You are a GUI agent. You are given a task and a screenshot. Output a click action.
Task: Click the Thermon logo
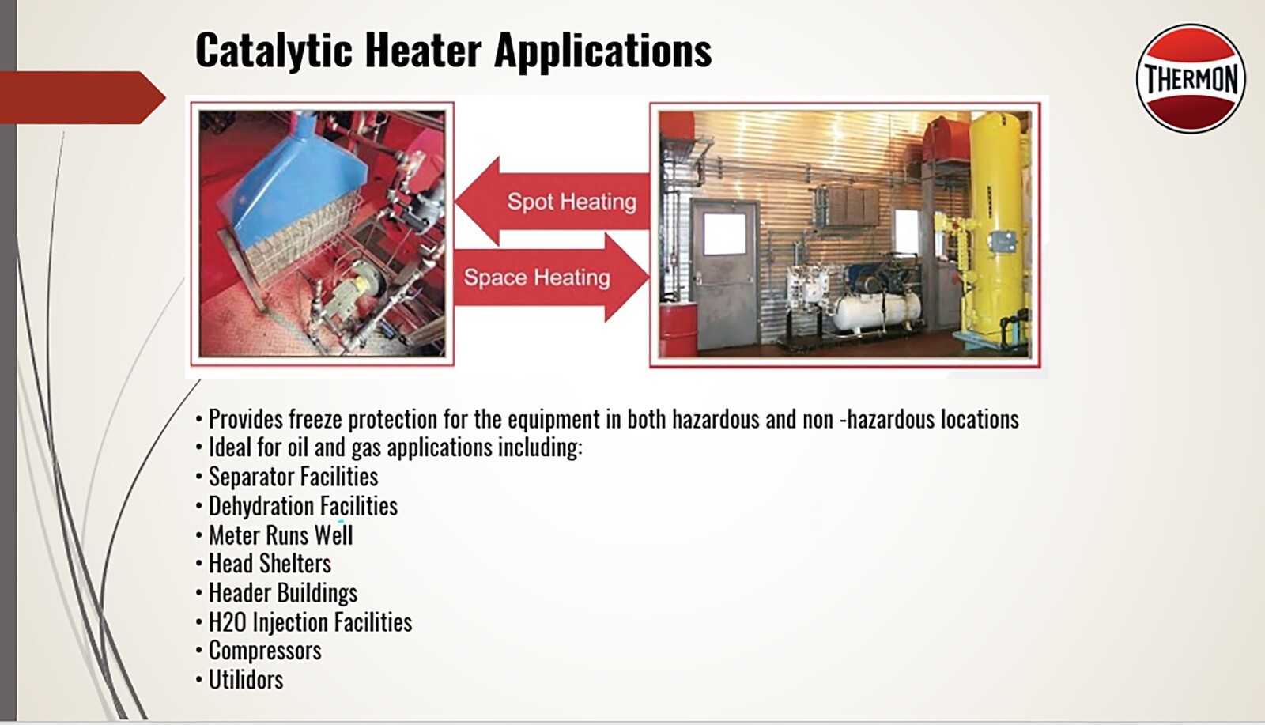click(1191, 78)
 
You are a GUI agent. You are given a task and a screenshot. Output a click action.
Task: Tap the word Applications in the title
click(603, 50)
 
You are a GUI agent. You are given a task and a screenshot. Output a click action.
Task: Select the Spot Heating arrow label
click(571, 202)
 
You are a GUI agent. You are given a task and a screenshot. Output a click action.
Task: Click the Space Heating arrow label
click(537, 278)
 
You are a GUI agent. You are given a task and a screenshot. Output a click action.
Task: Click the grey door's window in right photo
click(723, 234)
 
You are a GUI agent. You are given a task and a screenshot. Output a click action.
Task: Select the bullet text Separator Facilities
click(293, 477)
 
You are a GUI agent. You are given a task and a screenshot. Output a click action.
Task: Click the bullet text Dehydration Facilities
click(303, 506)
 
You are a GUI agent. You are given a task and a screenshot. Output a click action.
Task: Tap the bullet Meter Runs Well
click(280, 535)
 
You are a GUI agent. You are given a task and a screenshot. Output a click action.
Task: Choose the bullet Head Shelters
click(269, 564)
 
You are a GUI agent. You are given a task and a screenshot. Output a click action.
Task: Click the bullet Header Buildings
click(282, 593)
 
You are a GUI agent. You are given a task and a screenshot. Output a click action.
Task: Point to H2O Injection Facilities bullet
click(310, 622)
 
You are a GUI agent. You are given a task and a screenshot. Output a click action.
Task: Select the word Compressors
click(265, 651)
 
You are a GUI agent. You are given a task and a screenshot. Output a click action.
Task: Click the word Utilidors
click(245, 680)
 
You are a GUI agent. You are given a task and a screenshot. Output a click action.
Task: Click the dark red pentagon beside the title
click(79, 97)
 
